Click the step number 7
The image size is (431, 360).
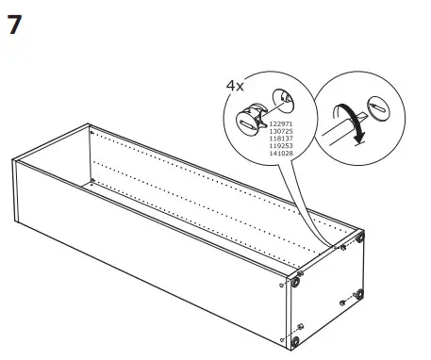pos(14,26)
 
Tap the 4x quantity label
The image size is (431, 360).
pos(235,86)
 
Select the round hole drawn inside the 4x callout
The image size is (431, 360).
pos(282,98)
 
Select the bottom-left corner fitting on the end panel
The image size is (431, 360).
pos(299,338)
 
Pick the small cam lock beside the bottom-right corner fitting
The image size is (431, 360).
pos(340,302)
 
